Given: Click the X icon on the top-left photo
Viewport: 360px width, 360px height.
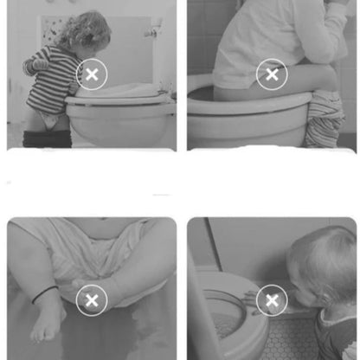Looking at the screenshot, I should pyautogui.click(x=92, y=74).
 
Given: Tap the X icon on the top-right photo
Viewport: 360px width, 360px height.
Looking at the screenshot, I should pyautogui.click(x=272, y=74).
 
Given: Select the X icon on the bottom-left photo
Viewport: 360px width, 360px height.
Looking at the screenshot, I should pyautogui.click(x=92, y=300).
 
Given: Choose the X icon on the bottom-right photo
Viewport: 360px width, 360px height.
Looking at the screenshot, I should pyautogui.click(x=272, y=300).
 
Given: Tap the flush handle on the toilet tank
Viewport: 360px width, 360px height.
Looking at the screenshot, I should pyautogui.click(x=152, y=33).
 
